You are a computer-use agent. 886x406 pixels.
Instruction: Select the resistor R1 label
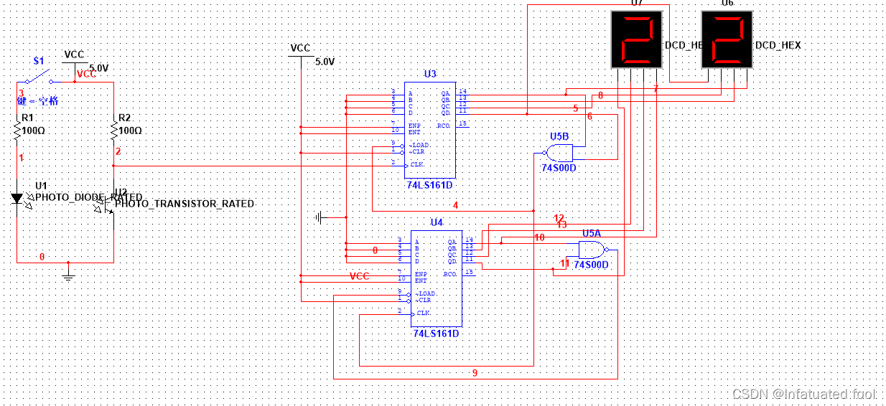click(27, 118)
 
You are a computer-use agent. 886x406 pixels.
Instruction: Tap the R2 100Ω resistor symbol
click(113, 131)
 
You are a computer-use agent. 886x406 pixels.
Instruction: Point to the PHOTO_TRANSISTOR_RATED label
click(185, 204)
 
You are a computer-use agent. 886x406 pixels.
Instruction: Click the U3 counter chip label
click(429, 74)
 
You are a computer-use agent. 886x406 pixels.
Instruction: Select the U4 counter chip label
click(437, 222)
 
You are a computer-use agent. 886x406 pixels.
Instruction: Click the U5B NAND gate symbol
click(559, 153)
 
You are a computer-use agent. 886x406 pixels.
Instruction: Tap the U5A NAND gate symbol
click(593, 250)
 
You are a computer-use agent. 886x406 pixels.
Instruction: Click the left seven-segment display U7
click(635, 39)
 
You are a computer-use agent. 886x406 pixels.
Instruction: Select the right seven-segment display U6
click(727, 39)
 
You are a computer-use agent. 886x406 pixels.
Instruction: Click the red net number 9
click(474, 372)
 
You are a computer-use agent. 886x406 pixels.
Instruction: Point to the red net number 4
click(455, 205)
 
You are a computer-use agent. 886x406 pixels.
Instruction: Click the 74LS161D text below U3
click(429, 185)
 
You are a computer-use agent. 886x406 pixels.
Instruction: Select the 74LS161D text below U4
click(436, 334)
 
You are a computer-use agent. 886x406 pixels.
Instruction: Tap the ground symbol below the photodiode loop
click(68, 273)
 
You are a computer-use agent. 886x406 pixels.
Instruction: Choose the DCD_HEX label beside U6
click(778, 45)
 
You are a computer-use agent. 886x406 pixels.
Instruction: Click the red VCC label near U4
click(359, 276)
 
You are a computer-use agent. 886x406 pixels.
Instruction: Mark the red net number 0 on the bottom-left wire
click(42, 256)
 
